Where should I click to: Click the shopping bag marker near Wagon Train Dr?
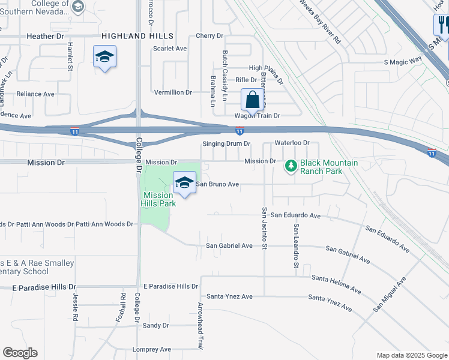tap(253, 100)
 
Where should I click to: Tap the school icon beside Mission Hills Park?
tap(184, 183)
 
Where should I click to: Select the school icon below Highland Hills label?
tap(105, 57)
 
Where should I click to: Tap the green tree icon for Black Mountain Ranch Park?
tap(291, 165)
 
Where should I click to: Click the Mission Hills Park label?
tap(158, 199)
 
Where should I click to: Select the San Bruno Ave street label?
tap(218, 184)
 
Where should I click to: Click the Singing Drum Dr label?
tap(226, 144)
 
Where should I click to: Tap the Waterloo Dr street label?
tap(291, 143)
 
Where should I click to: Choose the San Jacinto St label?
tap(264, 227)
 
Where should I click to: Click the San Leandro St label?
tap(295, 250)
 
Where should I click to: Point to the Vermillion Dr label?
tap(173, 92)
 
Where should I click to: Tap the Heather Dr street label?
tap(46, 37)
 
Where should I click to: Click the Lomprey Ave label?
tap(152, 349)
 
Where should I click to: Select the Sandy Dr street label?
tap(156, 325)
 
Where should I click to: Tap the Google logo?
tap(20, 353)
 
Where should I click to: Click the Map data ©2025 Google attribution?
tap(411, 355)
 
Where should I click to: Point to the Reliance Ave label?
tap(35, 94)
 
